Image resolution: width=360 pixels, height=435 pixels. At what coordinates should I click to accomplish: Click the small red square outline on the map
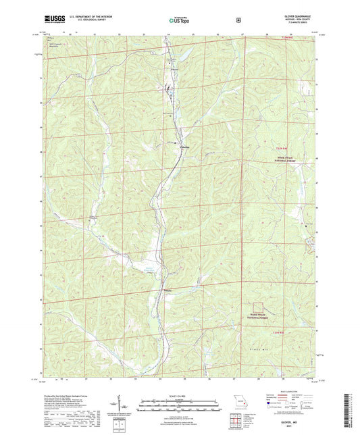coord(259,308)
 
